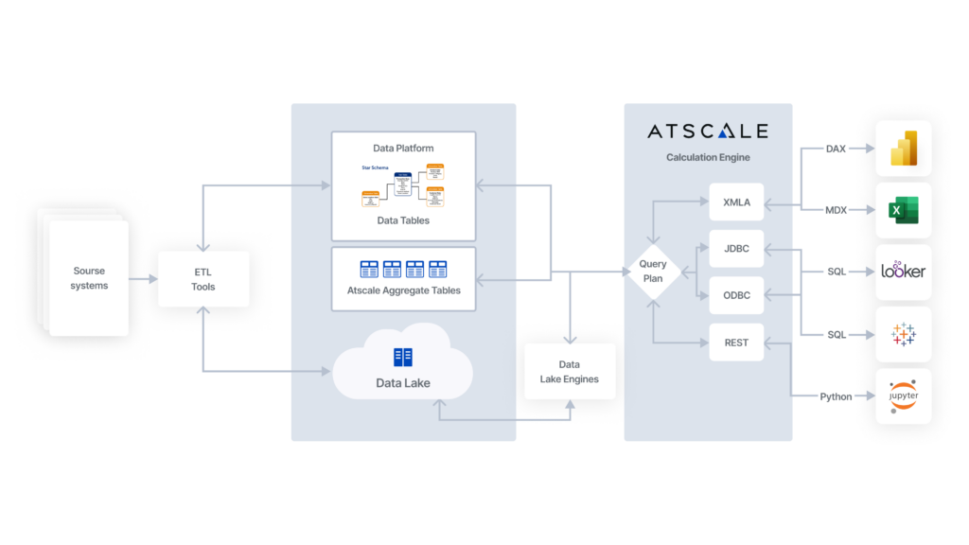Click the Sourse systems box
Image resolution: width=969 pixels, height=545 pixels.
point(90,278)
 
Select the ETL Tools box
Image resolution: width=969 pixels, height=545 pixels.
point(203,279)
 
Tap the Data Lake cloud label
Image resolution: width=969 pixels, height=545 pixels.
point(403,382)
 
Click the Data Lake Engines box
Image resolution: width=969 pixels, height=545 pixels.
point(569,372)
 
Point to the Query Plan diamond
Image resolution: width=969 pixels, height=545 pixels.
point(653,272)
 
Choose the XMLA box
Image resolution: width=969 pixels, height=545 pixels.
point(736,202)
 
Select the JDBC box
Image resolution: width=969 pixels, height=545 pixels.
point(736,249)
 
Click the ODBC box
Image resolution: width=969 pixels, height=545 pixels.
point(736,295)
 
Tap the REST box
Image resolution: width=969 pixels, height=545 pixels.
point(736,343)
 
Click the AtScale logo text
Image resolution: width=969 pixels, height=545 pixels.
point(707,132)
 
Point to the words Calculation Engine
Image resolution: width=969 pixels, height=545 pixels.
point(708,157)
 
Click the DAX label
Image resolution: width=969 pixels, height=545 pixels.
point(836,149)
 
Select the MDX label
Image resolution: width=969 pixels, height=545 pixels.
point(836,210)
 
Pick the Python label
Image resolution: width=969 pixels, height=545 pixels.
point(836,396)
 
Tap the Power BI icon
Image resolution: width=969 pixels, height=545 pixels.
point(903,149)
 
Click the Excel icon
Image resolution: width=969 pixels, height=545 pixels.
point(903,210)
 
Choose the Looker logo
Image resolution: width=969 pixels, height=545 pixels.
point(903,272)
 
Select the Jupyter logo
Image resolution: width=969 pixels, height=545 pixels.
point(903,396)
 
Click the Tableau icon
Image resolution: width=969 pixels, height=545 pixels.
point(903,334)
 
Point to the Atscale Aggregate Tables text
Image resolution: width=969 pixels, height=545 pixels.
point(403,290)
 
